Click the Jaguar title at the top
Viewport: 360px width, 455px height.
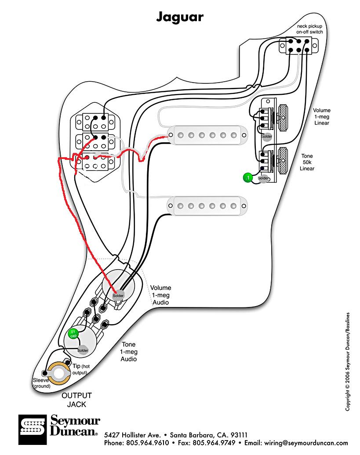click(x=180, y=17)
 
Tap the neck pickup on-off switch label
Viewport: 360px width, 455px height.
click(x=309, y=29)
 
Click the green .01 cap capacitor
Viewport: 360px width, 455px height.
click(x=73, y=334)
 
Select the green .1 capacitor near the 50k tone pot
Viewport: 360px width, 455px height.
click(x=248, y=177)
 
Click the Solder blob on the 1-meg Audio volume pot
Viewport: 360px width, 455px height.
click(x=118, y=296)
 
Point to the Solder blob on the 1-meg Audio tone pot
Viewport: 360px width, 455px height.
click(x=83, y=350)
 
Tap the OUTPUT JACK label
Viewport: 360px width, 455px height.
click(x=76, y=400)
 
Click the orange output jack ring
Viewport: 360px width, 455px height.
click(x=59, y=373)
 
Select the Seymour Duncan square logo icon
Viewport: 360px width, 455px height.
click(x=33, y=430)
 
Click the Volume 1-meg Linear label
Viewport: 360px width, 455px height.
click(x=322, y=117)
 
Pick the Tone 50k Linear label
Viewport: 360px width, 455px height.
click(x=307, y=162)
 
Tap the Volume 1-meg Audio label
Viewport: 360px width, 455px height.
click(x=160, y=295)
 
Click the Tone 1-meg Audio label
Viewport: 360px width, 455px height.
click(x=129, y=352)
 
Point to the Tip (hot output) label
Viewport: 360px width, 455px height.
click(x=81, y=369)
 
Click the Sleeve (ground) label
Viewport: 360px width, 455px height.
click(x=41, y=383)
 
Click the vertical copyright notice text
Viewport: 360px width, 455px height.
click(x=348, y=361)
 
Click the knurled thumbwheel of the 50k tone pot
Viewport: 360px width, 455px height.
click(x=283, y=160)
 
